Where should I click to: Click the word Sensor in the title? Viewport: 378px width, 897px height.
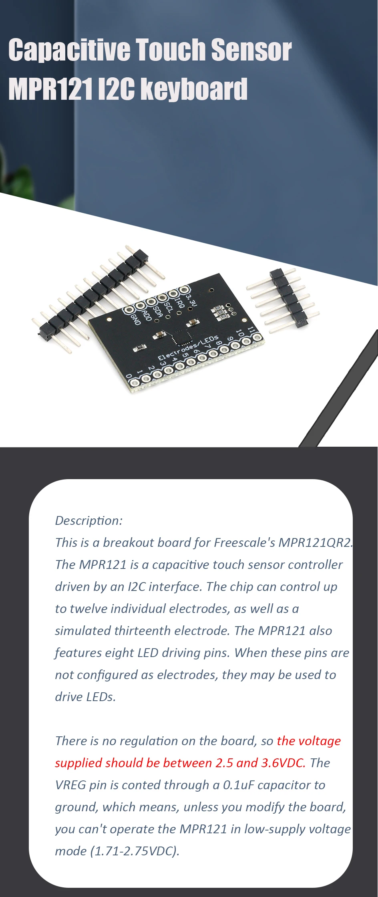[x=251, y=50]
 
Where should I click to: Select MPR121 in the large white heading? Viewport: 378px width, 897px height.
[x=51, y=89]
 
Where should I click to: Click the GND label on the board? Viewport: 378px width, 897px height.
[x=136, y=319]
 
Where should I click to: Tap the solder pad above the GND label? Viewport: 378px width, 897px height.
[x=129, y=310]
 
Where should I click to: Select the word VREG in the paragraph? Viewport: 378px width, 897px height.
[x=70, y=785]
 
